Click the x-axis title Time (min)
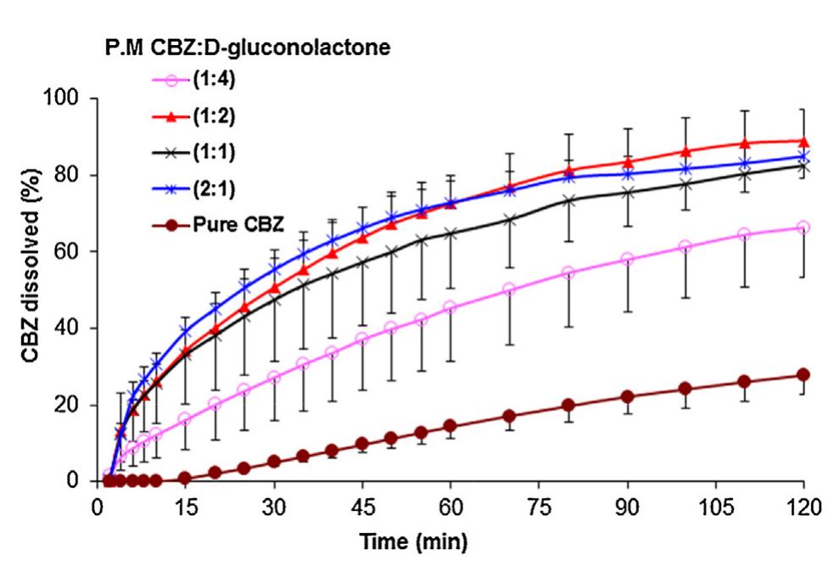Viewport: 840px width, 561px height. coord(412,541)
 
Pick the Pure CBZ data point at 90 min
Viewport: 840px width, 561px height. coord(627,396)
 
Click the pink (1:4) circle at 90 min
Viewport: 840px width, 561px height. coord(627,259)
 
